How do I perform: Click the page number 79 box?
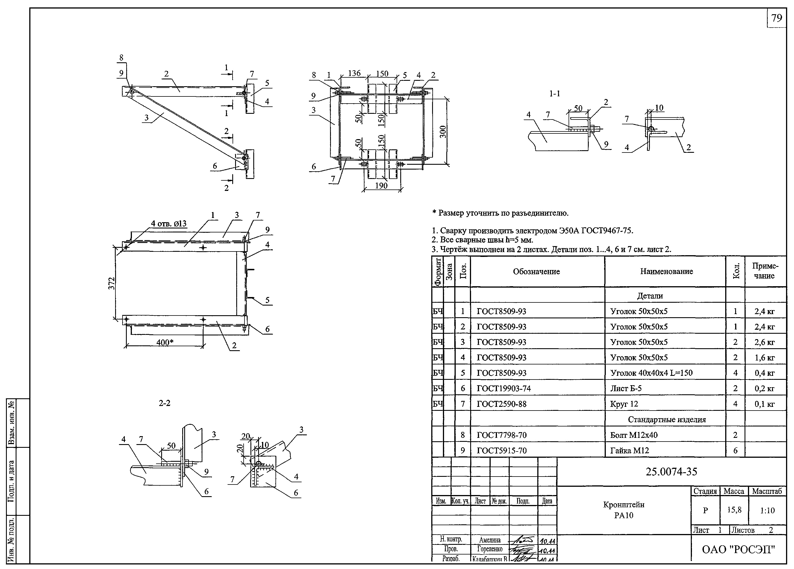coord(776,18)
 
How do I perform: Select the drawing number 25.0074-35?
coord(671,472)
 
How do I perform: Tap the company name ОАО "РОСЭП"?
coord(738,549)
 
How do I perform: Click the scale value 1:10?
coord(767,510)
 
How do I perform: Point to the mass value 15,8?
coord(734,510)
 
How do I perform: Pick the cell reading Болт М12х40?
coord(634,435)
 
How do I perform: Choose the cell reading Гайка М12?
coord(629,450)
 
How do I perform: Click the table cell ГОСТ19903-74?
coord(501,388)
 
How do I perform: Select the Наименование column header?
coord(666,271)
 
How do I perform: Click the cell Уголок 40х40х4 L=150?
coord(651,373)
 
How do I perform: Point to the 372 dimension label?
coord(111,283)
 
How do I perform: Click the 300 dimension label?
coord(443,131)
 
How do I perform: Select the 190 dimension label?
coord(381,186)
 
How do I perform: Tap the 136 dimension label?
coord(354,73)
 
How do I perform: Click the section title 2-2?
coord(165,403)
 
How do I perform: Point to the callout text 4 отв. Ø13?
coord(169,224)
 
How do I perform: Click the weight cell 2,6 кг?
coord(764,342)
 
